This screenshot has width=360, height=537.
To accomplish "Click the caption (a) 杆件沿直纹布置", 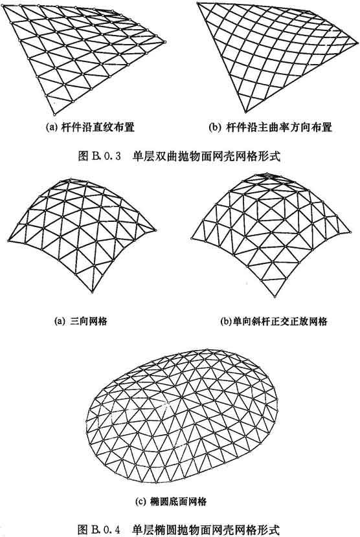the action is [90, 127].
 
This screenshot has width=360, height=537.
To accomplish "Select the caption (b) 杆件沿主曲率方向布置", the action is [271, 127].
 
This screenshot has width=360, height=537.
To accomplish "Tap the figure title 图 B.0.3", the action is [100, 156].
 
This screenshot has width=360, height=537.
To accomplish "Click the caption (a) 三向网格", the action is [81, 321].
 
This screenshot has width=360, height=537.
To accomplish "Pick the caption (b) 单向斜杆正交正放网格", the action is [274, 322].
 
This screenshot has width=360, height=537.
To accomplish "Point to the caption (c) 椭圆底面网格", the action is [171, 501].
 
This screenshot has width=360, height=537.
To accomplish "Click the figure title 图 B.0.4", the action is [100, 529].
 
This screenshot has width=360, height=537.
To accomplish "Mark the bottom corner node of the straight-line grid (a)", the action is [54, 115].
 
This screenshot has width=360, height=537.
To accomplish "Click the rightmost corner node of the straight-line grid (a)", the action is [165, 42].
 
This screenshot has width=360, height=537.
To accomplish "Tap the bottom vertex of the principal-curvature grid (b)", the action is [246, 112].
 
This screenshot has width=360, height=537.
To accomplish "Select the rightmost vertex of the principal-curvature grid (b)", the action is [358, 43].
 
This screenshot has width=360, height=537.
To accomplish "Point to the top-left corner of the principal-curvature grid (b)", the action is [197, 3].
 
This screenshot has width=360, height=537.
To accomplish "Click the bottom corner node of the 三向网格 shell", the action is [92, 292].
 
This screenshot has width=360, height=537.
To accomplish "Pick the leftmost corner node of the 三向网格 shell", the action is [8, 241].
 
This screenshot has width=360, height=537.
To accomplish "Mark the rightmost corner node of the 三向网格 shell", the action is [155, 230].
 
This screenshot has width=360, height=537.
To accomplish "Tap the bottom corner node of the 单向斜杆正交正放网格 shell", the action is [275, 296].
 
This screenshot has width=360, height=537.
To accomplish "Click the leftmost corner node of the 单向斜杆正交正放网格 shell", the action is [192, 238].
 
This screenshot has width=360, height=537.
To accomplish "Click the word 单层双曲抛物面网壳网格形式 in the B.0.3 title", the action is [206, 156].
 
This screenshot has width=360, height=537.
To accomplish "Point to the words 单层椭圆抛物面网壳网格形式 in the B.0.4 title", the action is [206, 529].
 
